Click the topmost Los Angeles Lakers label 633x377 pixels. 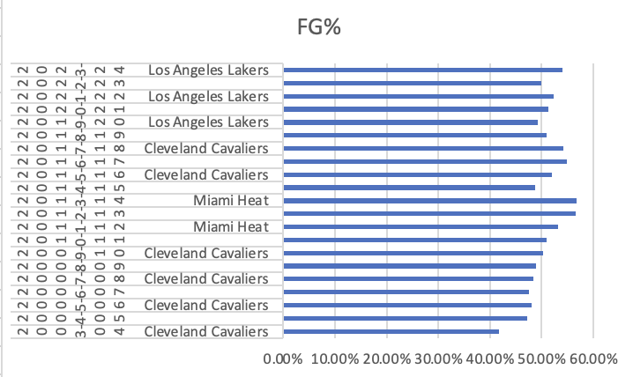pyautogui.click(x=207, y=70)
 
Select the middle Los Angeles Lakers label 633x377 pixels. pyautogui.click(x=207, y=96)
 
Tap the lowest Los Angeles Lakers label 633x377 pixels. pyautogui.click(x=207, y=122)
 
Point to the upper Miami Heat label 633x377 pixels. pyautogui.click(x=231, y=201)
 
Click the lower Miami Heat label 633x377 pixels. pyautogui.click(x=231, y=227)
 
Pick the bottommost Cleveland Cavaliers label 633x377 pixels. pyautogui.click(x=205, y=332)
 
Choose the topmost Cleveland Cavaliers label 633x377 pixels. pyautogui.click(x=205, y=148)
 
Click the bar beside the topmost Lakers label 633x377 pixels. pyautogui.click(x=422, y=70)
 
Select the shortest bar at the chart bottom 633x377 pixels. pyautogui.click(x=391, y=332)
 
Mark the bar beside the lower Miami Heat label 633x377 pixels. pyautogui.click(x=421, y=226)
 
